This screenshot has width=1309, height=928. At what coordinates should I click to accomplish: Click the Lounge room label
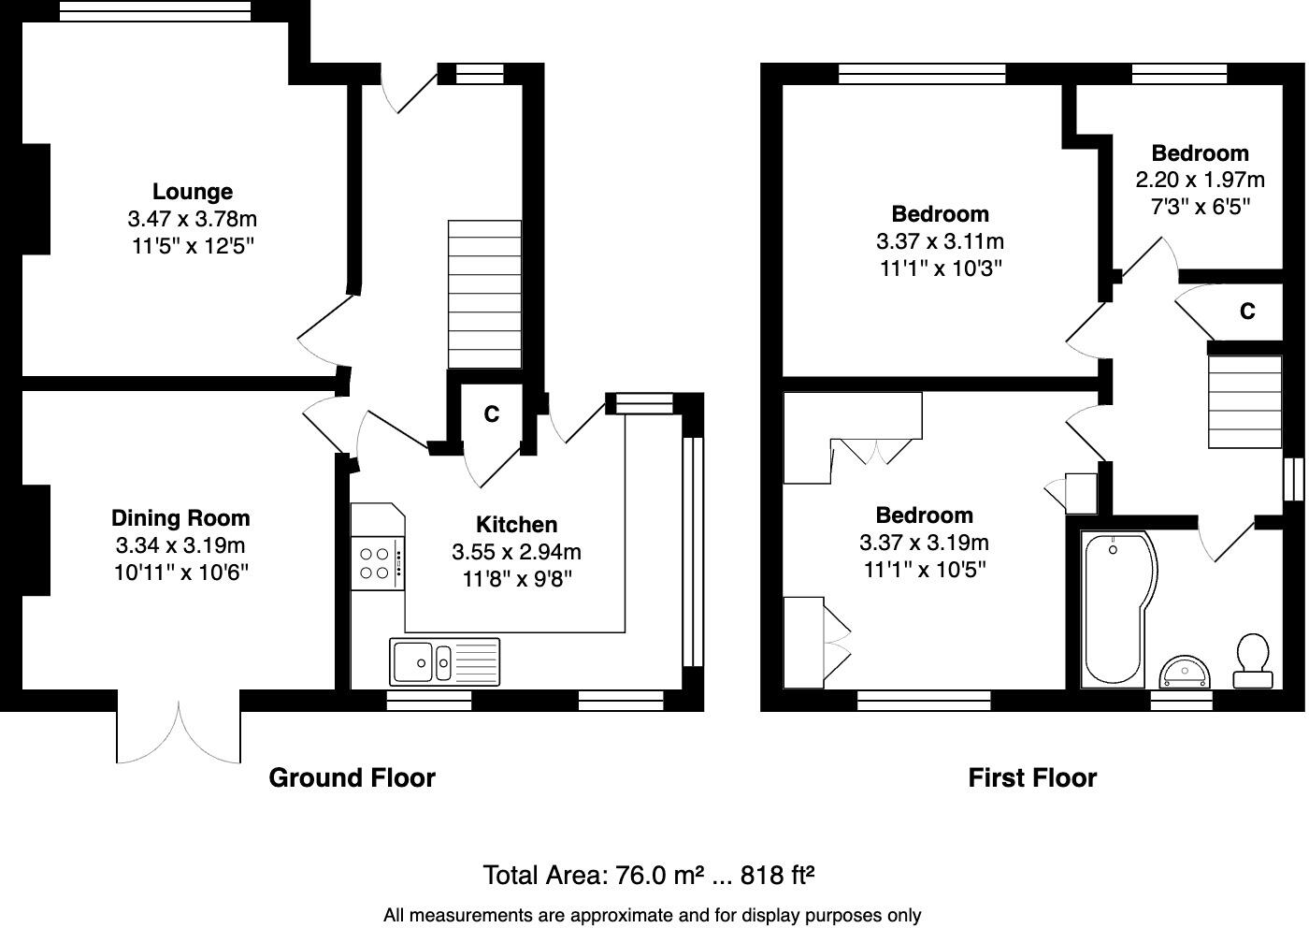point(193,192)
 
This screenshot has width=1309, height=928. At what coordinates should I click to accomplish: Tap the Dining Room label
point(180,518)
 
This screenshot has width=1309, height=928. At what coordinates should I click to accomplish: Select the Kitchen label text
point(516,525)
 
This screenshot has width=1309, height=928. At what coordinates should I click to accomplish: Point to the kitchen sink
point(445,661)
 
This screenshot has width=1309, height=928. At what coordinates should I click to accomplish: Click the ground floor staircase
point(484,295)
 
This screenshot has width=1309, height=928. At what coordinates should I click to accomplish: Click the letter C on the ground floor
point(491,413)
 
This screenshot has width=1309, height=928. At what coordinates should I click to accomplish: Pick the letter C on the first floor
point(1247,312)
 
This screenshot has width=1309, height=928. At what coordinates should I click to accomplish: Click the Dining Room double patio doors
point(179,732)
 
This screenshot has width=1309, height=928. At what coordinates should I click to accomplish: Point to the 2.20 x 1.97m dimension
point(1200,180)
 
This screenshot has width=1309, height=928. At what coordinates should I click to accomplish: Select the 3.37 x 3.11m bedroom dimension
point(940,241)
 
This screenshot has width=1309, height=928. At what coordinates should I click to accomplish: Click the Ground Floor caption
point(352,778)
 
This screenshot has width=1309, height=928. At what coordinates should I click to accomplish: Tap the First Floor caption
point(1032,778)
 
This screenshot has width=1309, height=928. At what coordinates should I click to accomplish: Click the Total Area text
point(649,876)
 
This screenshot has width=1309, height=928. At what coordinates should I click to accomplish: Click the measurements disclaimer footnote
point(652,916)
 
